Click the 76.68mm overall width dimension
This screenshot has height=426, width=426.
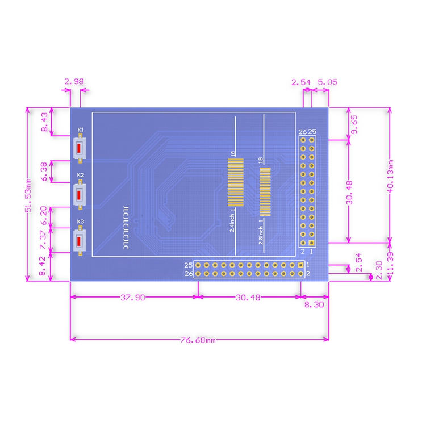[198, 340]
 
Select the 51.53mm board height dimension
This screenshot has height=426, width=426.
[28, 195]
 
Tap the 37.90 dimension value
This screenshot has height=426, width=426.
[133, 298]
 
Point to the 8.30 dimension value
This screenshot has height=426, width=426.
[314, 304]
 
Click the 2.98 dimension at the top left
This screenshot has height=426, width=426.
[74, 81]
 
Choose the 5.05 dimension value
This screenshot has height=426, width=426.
[327, 82]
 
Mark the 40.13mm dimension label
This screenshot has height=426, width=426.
[391, 176]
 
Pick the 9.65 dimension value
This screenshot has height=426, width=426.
[354, 124]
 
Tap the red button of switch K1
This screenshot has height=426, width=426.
[79, 148]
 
